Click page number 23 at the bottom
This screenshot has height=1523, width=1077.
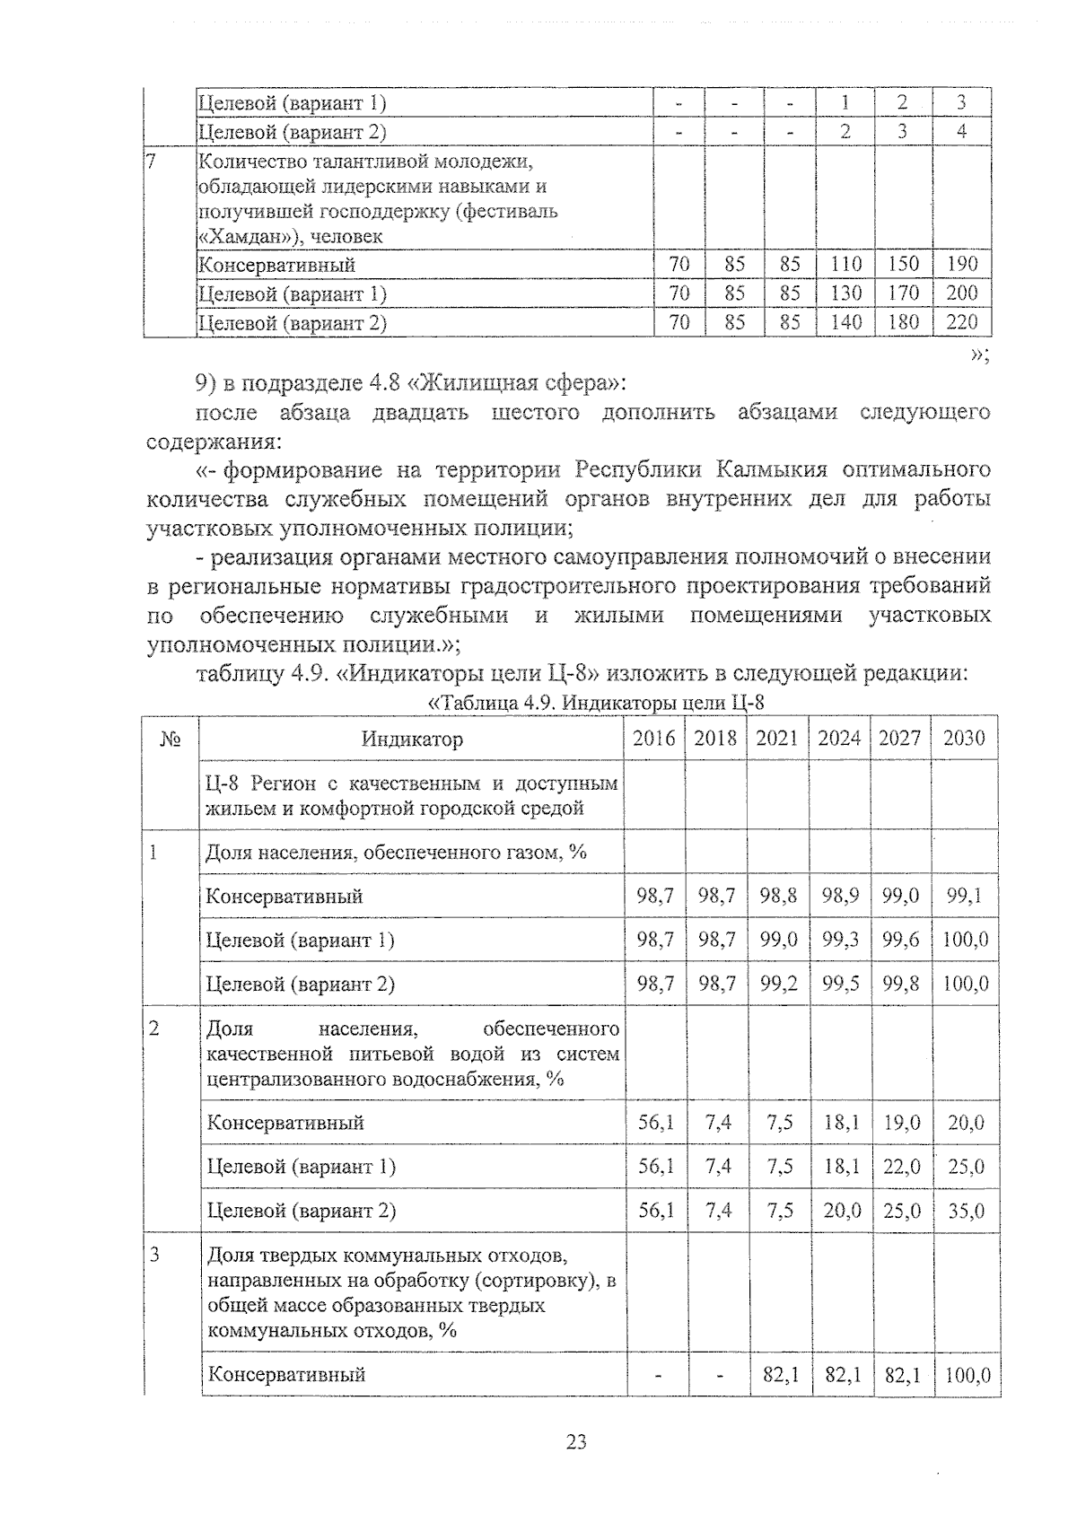576,1443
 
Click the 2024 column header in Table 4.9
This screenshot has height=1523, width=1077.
838,739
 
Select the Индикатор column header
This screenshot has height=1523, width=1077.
412,740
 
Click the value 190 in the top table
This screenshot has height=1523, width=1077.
961,265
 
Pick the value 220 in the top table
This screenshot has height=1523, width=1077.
961,322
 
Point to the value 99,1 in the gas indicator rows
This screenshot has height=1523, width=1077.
964,896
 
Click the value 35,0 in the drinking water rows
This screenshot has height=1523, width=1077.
965,1211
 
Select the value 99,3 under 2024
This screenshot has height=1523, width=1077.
840,940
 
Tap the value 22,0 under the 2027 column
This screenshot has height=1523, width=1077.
901,1167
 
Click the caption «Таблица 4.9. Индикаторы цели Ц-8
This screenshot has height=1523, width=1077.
596,703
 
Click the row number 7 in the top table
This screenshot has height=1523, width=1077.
152,162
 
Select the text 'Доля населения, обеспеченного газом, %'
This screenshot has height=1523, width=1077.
396,852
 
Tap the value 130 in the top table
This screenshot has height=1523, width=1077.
845,293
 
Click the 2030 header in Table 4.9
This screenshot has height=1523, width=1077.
964,739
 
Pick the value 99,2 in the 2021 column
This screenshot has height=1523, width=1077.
777,984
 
